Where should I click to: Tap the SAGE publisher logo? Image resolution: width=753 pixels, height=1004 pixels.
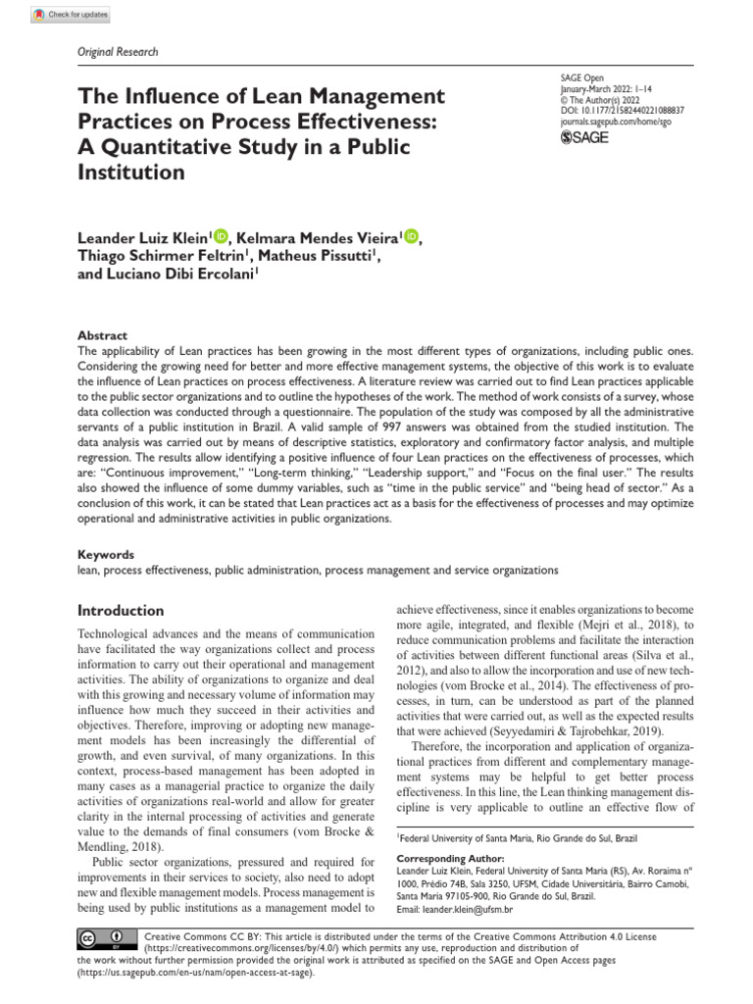[x=583, y=138]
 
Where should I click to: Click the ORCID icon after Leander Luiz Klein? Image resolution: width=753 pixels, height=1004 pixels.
[x=221, y=235]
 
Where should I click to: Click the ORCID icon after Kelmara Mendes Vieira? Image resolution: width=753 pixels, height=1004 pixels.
[x=410, y=235]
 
